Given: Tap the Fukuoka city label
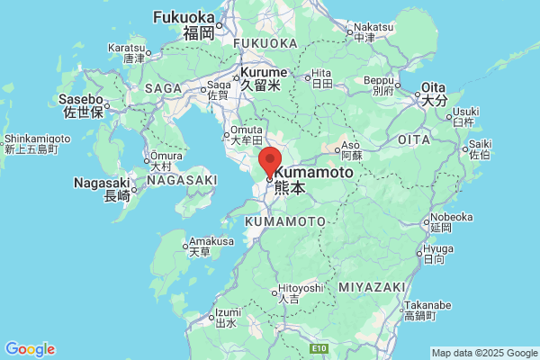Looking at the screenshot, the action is [x=185, y=17].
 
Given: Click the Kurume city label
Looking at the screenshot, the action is [x=263, y=72].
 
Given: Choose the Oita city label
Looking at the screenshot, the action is [x=435, y=88].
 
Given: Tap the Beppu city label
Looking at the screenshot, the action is [x=378, y=81].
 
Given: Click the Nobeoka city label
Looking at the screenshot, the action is [x=451, y=217].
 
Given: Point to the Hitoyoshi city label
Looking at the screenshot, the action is [x=298, y=287].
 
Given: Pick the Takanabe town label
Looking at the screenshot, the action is [x=420, y=306].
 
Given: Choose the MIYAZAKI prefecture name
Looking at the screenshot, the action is [x=373, y=286].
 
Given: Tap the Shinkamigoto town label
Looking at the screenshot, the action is [x=37, y=139].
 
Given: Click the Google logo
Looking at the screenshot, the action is [x=30, y=349].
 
